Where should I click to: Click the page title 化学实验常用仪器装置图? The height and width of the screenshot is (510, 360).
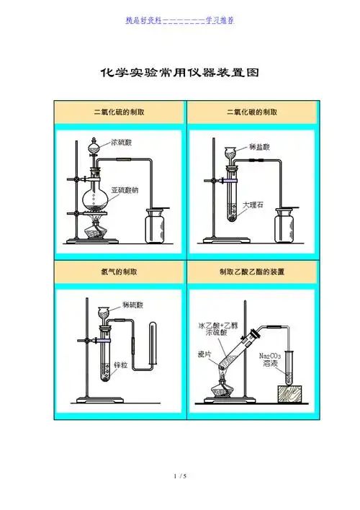coord(179,73)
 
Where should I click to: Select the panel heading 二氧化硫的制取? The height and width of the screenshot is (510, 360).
coord(120,113)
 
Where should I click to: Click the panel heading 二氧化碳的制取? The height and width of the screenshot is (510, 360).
coord(252,113)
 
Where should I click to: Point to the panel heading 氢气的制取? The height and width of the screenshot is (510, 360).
coord(120,273)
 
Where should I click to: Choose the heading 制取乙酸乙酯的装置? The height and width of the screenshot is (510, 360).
coord(252,273)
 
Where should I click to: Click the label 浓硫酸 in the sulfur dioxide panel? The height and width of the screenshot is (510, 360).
coord(121,143)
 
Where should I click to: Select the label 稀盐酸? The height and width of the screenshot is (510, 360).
coord(259,146)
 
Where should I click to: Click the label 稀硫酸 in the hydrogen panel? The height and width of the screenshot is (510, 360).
coord(134,305)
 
